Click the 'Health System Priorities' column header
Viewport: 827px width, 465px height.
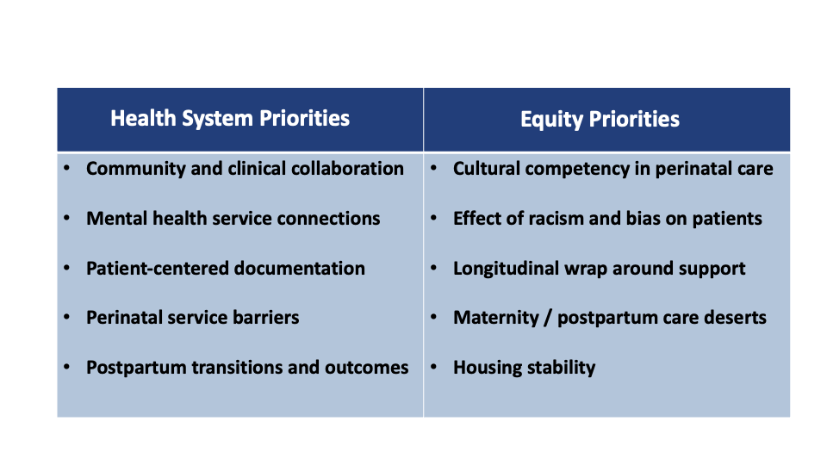point(230,119)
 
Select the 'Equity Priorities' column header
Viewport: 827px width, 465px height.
point(600,120)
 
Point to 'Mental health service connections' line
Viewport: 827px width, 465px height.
point(233,218)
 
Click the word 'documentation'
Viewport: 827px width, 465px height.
point(300,269)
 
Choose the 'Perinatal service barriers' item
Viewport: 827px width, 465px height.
point(192,318)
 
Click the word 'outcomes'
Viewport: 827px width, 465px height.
point(367,368)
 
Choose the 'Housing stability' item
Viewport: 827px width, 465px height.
point(525,368)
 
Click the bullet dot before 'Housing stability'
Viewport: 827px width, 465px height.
point(433,366)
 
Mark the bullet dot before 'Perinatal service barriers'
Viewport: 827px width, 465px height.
point(66,316)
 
